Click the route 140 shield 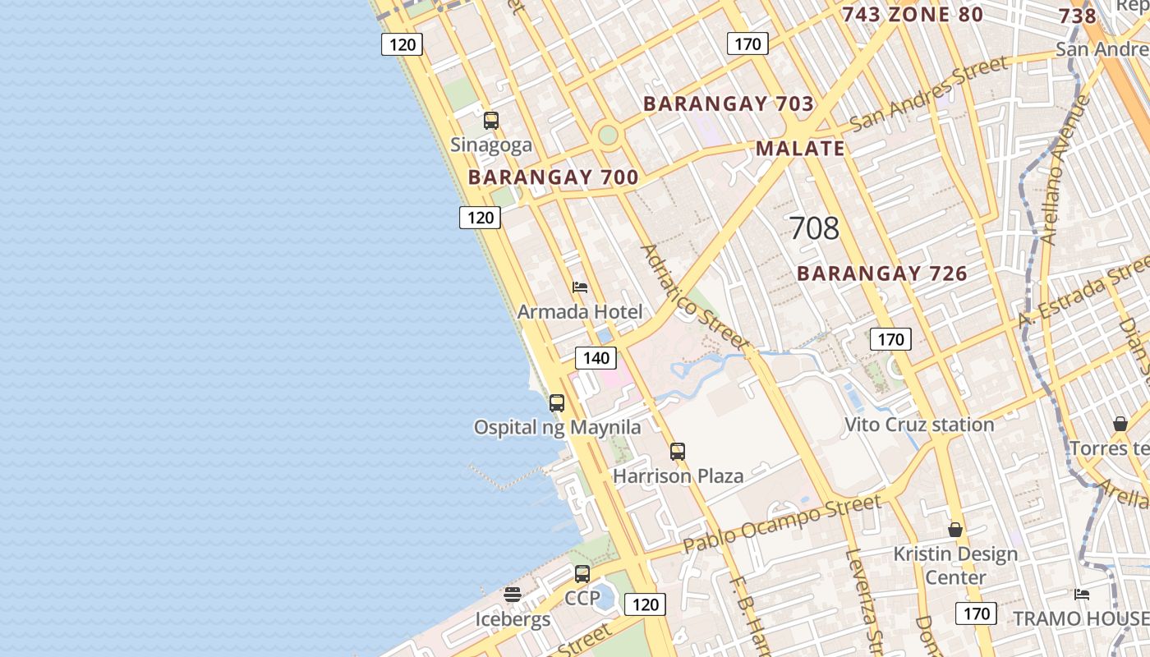(596, 358)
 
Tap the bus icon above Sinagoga (491, 121)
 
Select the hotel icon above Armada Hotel (580, 287)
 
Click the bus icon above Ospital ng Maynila (557, 403)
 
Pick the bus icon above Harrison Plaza (678, 451)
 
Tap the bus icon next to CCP (582, 574)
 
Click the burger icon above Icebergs (513, 594)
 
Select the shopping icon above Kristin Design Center (955, 530)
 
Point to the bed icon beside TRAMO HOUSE (1082, 594)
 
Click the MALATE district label (800, 149)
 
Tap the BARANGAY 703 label (729, 104)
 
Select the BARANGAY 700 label (553, 177)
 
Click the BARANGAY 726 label (882, 273)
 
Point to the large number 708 (814, 228)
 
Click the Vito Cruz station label (919, 425)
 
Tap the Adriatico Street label (694, 296)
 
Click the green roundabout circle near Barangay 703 (608, 135)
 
